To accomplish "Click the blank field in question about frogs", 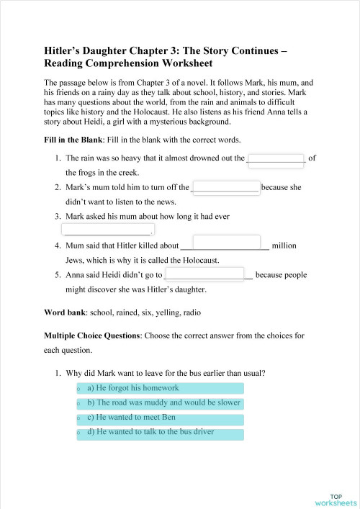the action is point(276,160).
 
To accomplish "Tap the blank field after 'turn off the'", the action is point(225,188).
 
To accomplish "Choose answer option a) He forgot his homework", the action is point(165,388).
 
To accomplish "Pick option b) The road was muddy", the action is point(165,403).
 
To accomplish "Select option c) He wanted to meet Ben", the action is point(165,419).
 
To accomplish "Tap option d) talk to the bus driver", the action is point(165,434).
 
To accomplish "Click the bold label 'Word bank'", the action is point(64,312).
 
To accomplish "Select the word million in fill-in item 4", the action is point(284,246).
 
